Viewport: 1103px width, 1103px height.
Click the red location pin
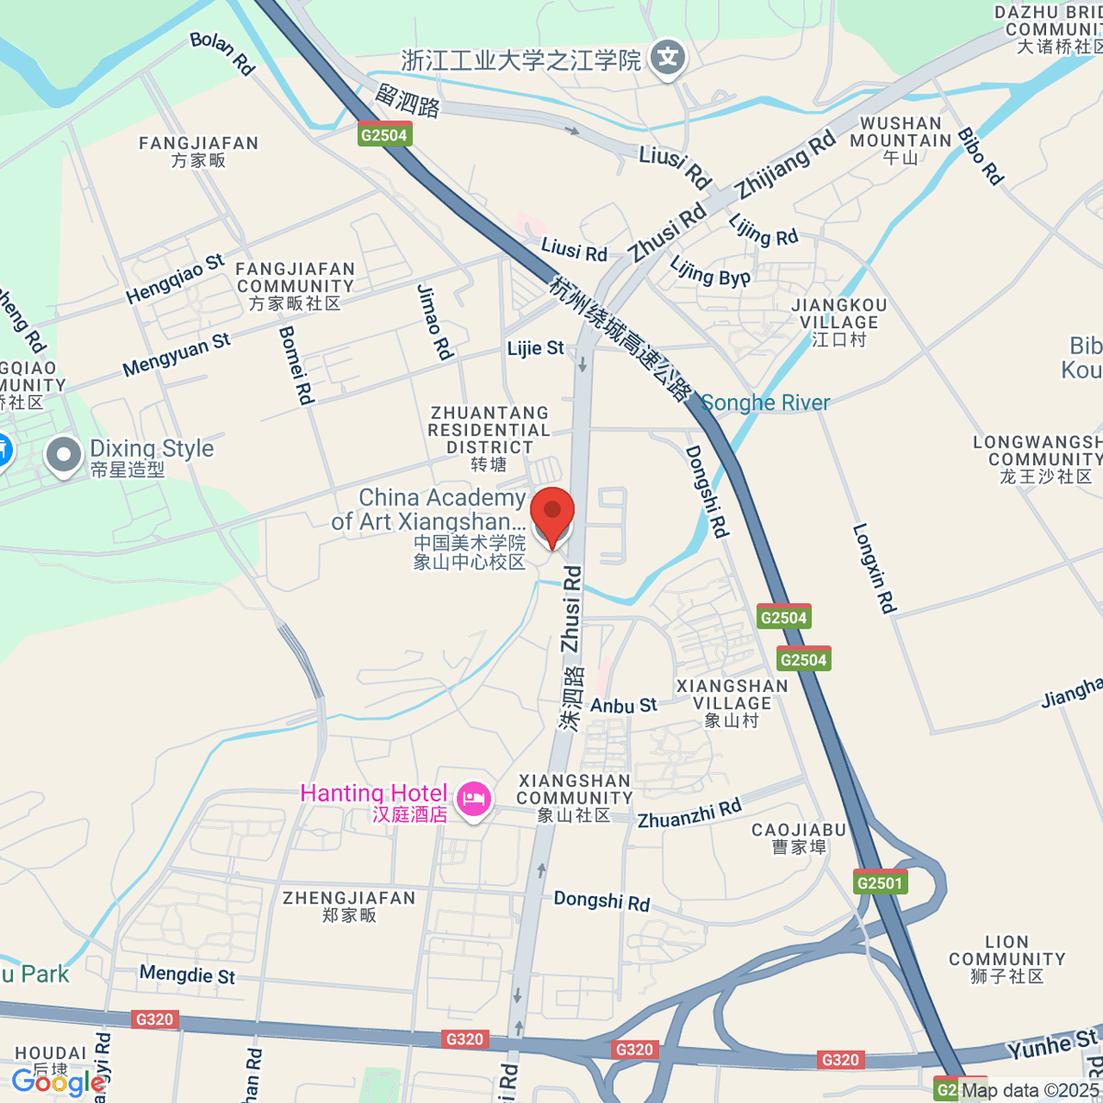[x=552, y=515]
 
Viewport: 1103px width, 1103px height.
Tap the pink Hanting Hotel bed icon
[x=473, y=798]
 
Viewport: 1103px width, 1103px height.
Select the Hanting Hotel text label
[x=373, y=794]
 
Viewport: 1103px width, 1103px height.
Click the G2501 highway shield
[x=880, y=883]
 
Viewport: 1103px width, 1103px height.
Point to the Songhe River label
[x=766, y=403]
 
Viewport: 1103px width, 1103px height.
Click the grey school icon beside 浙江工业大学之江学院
[x=667, y=58]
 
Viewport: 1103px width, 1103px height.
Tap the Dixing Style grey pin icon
[x=64, y=455]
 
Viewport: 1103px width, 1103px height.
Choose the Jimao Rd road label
[x=434, y=322]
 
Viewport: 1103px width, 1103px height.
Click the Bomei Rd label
[x=297, y=365]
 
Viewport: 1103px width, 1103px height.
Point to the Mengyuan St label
[x=176, y=355]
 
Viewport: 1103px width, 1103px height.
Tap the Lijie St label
[x=536, y=348]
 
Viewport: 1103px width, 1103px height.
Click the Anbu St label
[x=623, y=706]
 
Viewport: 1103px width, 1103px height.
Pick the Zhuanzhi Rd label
[x=689, y=814]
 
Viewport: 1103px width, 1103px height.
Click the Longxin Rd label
[x=873, y=568]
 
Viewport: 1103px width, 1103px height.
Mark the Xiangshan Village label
[x=732, y=703]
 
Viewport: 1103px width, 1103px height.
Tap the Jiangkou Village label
[x=839, y=322]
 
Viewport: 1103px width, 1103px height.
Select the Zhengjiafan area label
[x=349, y=905]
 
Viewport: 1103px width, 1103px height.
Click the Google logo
[x=58, y=1082]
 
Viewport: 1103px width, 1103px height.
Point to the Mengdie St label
[x=188, y=974]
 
